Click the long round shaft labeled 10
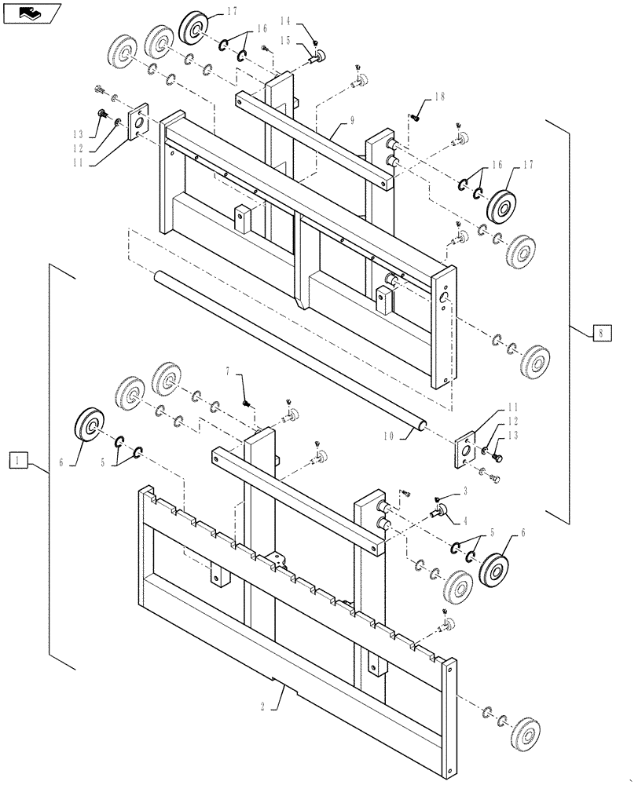click(291, 349)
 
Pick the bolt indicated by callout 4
click(436, 512)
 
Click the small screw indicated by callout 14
click(314, 42)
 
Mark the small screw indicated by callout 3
click(437, 499)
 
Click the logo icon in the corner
click(31, 13)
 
